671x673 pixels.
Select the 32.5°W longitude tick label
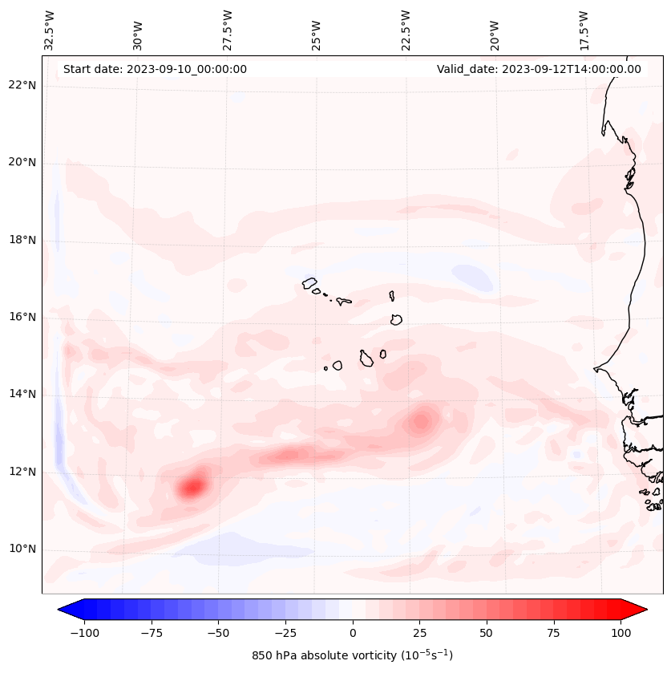(x=50, y=30)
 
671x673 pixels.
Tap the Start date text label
(x=155, y=69)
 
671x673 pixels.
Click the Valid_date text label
(x=539, y=69)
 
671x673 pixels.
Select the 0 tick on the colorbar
(x=353, y=632)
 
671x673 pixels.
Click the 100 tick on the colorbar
(x=620, y=632)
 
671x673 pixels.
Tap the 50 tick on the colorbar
(x=487, y=632)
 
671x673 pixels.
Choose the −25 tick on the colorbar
(x=285, y=632)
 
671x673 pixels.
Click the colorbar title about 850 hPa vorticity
(x=352, y=655)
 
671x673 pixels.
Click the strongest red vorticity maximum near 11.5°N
(x=192, y=486)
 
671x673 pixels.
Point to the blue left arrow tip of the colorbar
(x=60, y=610)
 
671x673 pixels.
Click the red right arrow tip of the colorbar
(x=645, y=610)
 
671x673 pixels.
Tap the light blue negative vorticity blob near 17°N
(x=473, y=278)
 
